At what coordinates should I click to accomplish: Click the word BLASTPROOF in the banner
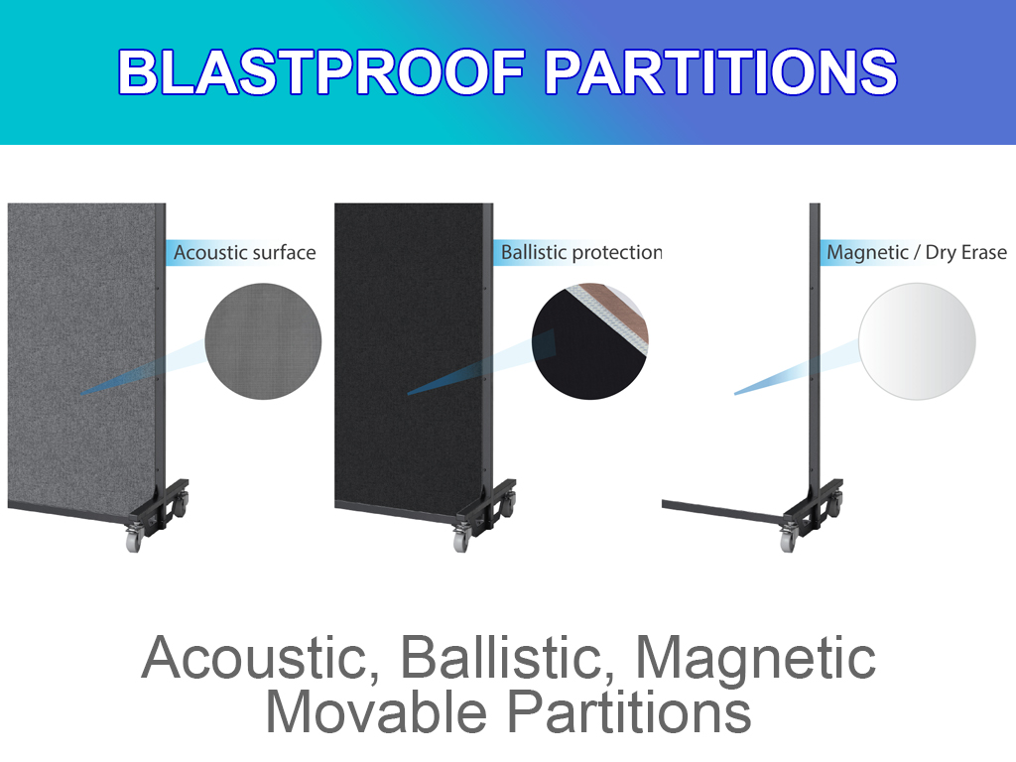tap(321, 71)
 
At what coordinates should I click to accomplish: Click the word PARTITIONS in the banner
tap(720, 71)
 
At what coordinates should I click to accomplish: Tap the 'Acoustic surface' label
tap(245, 252)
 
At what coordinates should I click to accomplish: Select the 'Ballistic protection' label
tap(581, 252)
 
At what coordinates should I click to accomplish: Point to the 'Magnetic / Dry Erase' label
tap(917, 252)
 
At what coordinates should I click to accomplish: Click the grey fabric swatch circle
tap(263, 341)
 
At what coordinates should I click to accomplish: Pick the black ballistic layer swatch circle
tap(589, 341)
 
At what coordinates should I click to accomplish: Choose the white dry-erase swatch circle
tap(917, 341)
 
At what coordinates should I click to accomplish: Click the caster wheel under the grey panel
tap(134, 539)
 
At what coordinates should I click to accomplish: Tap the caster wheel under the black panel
tap(460, 539)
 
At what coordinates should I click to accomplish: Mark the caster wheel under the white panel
tap(788, 539)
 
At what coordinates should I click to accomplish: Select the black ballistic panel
tap(409, 359)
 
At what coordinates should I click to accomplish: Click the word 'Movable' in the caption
tap(376, 712)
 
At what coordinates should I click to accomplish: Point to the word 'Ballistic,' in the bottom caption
tap(508, 658)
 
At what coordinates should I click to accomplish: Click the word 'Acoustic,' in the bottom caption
tap(261, 658)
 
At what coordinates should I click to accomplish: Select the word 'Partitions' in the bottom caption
tap(628, 712)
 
